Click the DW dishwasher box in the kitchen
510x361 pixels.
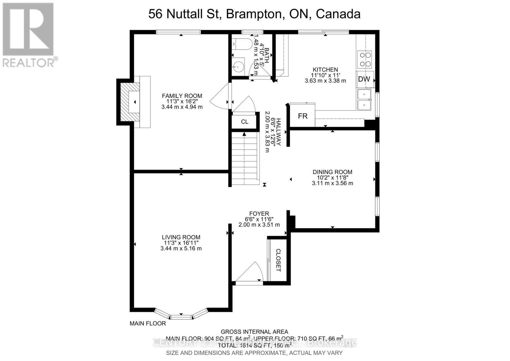(364, 79)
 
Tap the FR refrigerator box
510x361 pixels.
(302, 116)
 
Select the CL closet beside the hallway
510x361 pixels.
(244, 122)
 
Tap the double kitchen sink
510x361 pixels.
(364, 100)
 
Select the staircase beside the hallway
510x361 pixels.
(244, 159)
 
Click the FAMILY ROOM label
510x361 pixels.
(182, 96)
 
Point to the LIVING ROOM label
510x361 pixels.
(181, 237)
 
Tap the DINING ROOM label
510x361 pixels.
(332, 172)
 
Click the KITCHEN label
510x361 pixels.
(325, 70)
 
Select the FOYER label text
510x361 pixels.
(259, 214)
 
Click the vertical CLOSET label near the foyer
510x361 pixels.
(278, 260)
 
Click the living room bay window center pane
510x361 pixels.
(181, 317)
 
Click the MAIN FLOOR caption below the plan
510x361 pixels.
(148, 323)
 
